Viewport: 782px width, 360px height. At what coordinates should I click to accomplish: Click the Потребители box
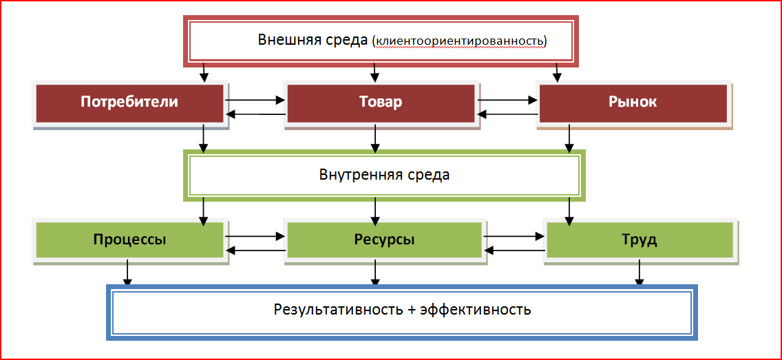coord(129,103)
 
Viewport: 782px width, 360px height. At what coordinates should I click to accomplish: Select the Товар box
coord(381,103)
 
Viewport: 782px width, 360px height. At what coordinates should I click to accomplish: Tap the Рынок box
coord(633,103)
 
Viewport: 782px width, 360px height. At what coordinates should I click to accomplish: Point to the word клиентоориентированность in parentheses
coord(459,41)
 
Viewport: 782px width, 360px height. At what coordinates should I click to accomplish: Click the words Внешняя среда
coord(313,39)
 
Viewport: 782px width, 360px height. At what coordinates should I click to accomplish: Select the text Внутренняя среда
coord(384,174)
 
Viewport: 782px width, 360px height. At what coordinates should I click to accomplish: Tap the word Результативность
coord(338,309)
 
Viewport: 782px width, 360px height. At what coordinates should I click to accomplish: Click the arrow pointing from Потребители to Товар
coord(255,100)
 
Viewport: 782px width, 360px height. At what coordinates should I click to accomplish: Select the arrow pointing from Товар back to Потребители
coord(255,114)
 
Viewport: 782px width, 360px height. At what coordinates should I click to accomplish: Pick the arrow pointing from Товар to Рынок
coord(508,100)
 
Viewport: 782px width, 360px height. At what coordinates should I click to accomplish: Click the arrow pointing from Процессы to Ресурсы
coord(255,236)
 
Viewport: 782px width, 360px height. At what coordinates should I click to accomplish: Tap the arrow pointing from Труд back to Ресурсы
coord(515,251)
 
